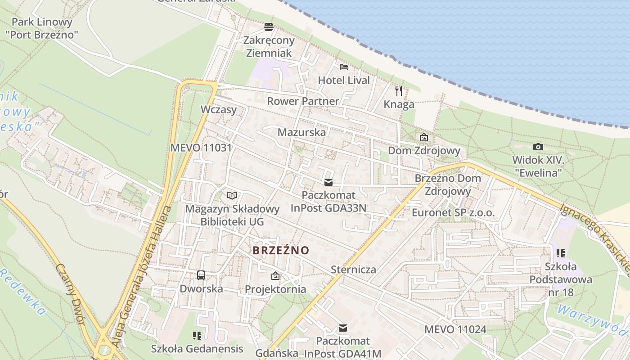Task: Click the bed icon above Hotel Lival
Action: tap(344, 67)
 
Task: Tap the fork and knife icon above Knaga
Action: tap(399, 91)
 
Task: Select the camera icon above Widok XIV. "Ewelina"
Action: tap(538, 147)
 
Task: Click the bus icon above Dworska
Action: tap(201, 275)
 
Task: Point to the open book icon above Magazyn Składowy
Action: tap(232, 195)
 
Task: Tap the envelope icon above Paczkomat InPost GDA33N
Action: tap(328, 182)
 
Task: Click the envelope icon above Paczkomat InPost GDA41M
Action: tap(343, 328)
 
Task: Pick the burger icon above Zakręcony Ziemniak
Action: tap(269, 27)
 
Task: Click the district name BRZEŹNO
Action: tap(281, 251)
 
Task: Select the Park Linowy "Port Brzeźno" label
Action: tap(42, 28)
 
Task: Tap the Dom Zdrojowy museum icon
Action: tap(423, 137)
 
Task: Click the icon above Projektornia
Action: tap(275, 275)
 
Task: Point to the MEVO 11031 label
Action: tap(201, 148)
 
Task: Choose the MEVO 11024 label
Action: tap(455, 329)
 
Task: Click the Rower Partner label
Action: tap(303, 101)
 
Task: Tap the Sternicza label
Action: tap(353, 270)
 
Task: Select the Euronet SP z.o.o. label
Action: tap(453, 213)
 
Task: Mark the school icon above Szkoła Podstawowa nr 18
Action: tap(560, 253)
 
